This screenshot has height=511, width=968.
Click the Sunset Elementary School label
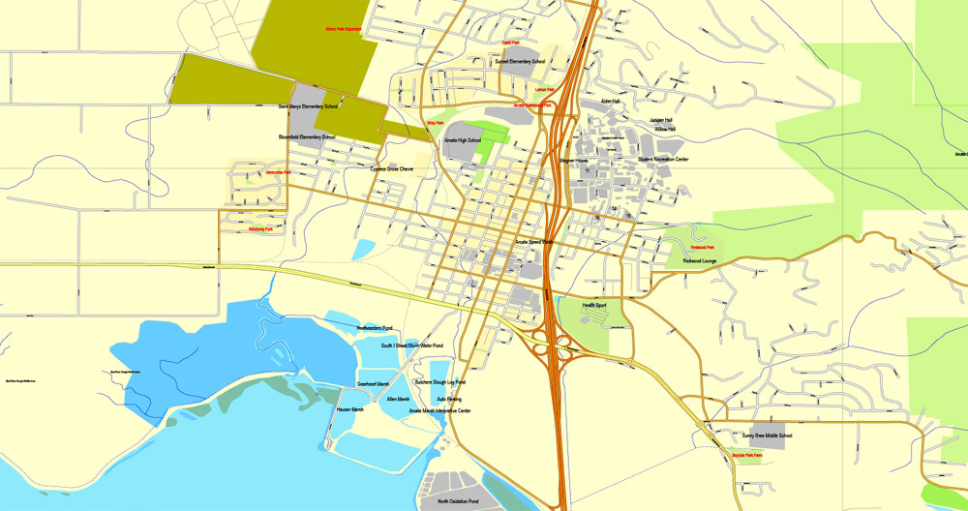pos(520,61)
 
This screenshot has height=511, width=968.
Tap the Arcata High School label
pos(463,140)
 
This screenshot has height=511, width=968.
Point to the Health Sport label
pos(594,306)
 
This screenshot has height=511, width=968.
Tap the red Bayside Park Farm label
pos(746,454)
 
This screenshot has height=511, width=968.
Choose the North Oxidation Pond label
pos(458,501)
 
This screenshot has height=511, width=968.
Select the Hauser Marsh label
pos(350,409)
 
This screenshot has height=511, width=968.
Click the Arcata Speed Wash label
pos(534,242)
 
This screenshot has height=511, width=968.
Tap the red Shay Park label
pos(435,123)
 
